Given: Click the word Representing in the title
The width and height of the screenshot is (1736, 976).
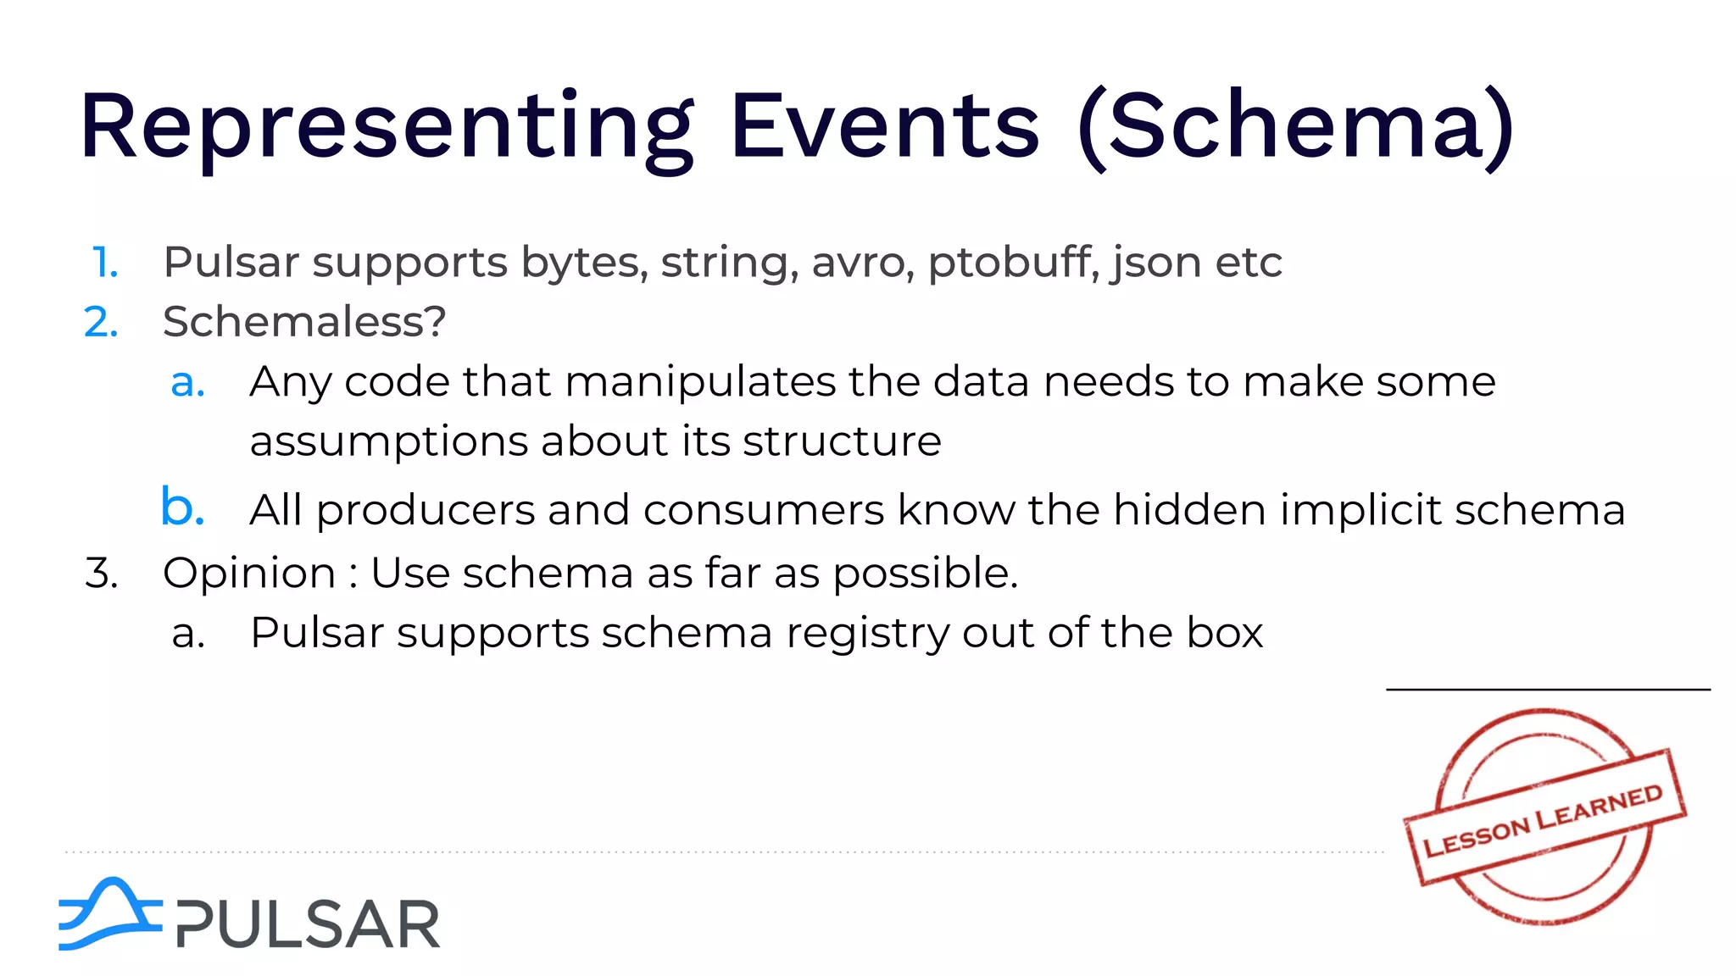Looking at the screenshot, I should point(386,127).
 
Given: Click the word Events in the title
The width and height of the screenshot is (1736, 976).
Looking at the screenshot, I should point(884,127).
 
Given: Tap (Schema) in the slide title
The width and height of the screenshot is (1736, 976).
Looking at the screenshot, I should point(1295,127).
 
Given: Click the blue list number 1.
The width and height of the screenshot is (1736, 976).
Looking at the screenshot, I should point(104,263).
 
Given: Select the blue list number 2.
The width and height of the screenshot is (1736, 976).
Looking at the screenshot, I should point(101,323).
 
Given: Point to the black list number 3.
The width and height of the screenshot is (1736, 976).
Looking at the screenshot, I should point(101,574).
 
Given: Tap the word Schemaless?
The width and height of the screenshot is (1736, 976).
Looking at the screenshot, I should point(303,322).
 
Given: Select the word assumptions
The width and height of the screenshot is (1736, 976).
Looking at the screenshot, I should point(389,442).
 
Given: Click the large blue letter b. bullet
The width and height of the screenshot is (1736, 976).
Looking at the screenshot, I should point(182,507).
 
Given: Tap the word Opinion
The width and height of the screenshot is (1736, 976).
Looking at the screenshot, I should point(249,574).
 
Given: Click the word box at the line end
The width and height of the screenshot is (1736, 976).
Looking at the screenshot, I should point(1224,633).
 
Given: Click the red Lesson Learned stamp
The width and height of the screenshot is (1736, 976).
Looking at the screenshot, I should point(1544,816).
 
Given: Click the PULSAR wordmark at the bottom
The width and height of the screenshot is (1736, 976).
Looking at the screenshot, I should point(308,924).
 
